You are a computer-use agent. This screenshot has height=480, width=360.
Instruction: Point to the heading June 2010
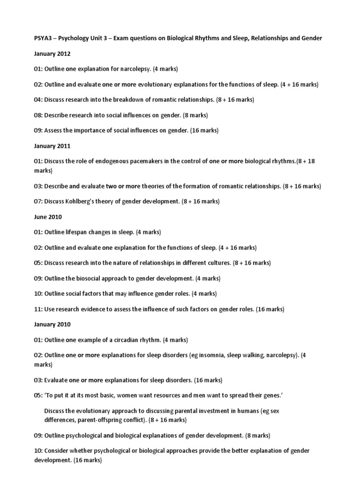click(x=47, y=217)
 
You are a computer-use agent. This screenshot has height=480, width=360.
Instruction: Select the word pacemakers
click(x=154, y=161)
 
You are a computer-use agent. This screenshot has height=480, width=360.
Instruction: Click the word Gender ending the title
click(x=312, y=38)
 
